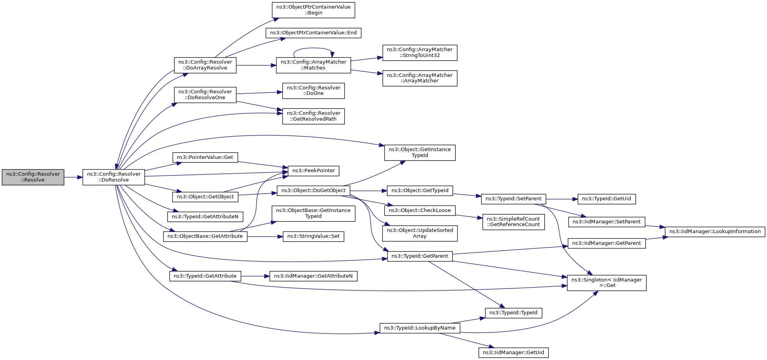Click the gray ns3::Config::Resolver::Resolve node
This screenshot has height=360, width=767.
point(33,177)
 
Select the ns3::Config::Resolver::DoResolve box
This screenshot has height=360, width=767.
point(114,177)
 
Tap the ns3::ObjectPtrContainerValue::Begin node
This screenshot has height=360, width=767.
point(313,10)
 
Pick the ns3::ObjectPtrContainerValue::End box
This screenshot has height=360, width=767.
point(313,33)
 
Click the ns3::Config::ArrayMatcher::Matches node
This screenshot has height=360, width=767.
point(313,65)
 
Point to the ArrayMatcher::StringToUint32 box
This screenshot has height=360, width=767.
point(420,53)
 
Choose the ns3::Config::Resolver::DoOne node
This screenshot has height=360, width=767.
point(313,91)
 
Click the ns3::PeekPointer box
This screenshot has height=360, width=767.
point(313,171)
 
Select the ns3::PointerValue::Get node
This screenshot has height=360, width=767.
point(205,157)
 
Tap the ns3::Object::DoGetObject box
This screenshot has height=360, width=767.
point(313,191)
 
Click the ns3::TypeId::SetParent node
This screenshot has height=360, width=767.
point(513,199)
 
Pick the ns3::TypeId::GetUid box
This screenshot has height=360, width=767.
point(607,199)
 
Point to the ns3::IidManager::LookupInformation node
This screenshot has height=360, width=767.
point(715,232)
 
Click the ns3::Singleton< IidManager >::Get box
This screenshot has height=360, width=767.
point(607,283)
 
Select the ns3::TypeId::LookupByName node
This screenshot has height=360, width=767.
point(420,328)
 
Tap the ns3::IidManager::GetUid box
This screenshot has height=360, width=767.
point(513,353)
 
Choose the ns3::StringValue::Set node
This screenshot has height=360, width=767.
point(313,236)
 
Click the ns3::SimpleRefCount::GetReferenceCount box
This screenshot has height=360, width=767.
point(513,222)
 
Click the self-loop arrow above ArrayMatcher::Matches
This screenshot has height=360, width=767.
point(313,48)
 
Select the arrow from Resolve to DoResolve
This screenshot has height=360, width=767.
point(73,177)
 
